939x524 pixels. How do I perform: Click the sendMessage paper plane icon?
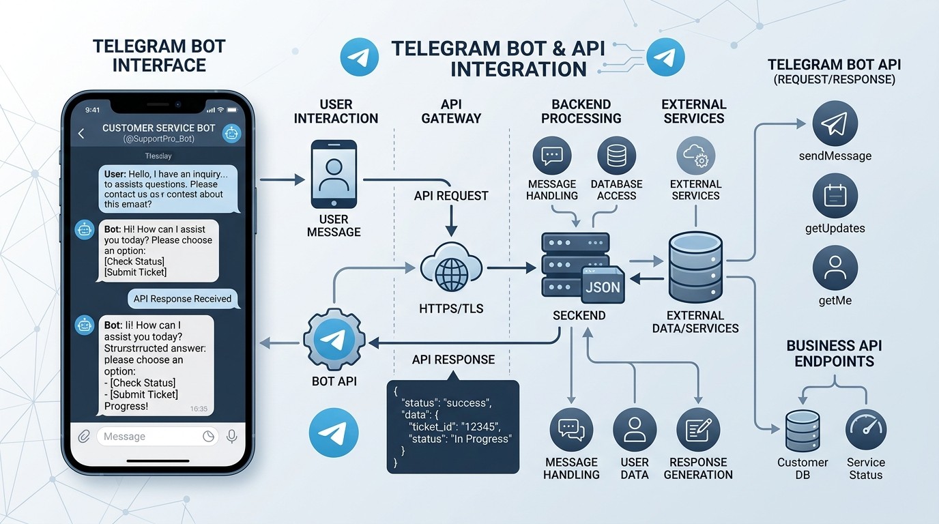coord(835,125)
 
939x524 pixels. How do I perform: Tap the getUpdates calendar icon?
coord(835,196)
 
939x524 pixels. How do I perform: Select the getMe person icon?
coord(835,268)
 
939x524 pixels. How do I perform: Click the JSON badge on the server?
coord(603,287)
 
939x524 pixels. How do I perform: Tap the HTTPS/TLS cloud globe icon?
coord(451,270)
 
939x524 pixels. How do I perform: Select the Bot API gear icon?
coord(334,339)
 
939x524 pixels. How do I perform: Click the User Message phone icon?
coord(334,174)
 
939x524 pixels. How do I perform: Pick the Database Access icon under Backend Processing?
coord(616,156)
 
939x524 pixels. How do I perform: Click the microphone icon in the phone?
coord(231,437)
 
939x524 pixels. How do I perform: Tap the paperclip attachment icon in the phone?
coord(84,437)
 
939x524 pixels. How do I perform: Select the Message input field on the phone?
coord(150,437)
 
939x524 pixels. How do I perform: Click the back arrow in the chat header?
coord(81,134)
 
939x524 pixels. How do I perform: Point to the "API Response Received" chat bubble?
coord(182,298)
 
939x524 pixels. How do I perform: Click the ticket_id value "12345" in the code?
coord(483,426)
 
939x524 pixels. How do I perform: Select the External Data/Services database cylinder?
coord(695,267)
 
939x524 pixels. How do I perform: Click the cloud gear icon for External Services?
coord(695,156)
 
